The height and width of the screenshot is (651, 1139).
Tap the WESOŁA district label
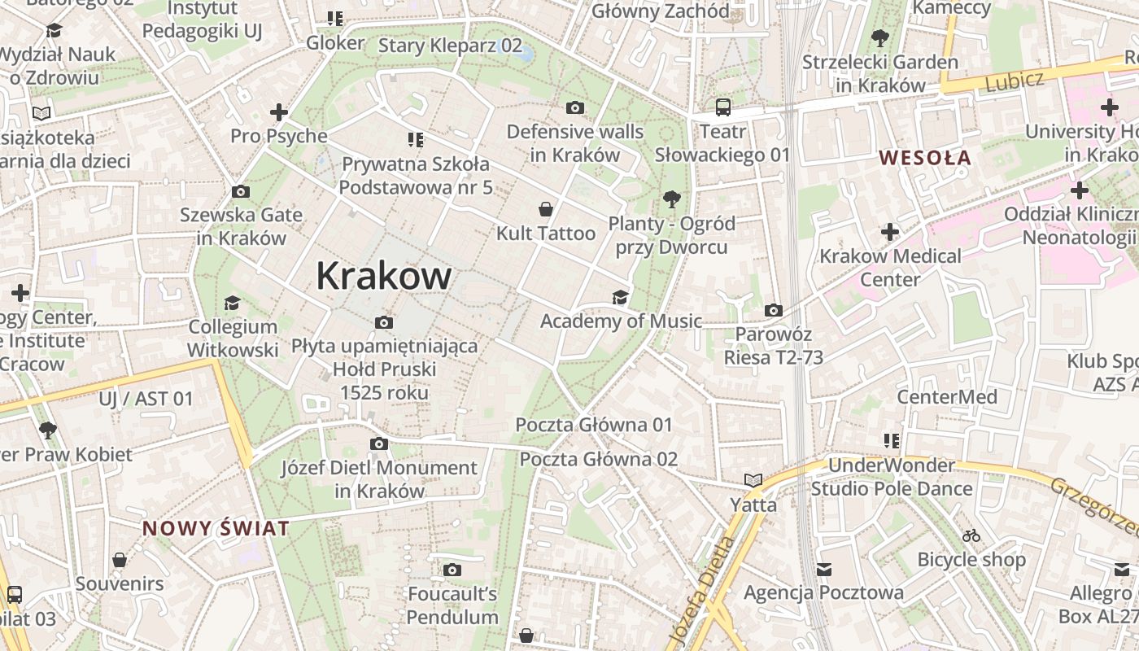(926, 158)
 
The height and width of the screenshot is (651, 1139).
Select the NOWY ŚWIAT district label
(216, 528)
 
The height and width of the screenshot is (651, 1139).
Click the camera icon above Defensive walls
(575, 107)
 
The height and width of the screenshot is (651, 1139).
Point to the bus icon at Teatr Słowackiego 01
(722, 107)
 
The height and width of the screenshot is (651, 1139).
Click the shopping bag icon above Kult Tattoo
(546, 209)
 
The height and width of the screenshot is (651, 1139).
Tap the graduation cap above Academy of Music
(621, 297)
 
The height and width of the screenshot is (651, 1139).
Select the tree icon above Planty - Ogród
(671, 199)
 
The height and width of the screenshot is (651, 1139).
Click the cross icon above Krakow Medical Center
(890, 232)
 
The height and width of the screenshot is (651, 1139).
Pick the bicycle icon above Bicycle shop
(971, 535)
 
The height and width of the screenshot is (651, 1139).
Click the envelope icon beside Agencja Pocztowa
(824, 568)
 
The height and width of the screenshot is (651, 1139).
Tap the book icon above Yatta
(753, 481)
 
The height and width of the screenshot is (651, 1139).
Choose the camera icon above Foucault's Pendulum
(452, 570)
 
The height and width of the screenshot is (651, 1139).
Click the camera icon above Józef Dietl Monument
(378, 443)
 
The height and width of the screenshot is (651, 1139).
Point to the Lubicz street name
(1014, 81)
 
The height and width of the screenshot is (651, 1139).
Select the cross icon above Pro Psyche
(279, 111)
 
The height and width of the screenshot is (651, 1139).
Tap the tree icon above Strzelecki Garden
(879, 37)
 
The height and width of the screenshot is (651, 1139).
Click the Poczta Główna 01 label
(594, 425)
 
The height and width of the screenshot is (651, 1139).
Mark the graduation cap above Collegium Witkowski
(233, 303)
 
